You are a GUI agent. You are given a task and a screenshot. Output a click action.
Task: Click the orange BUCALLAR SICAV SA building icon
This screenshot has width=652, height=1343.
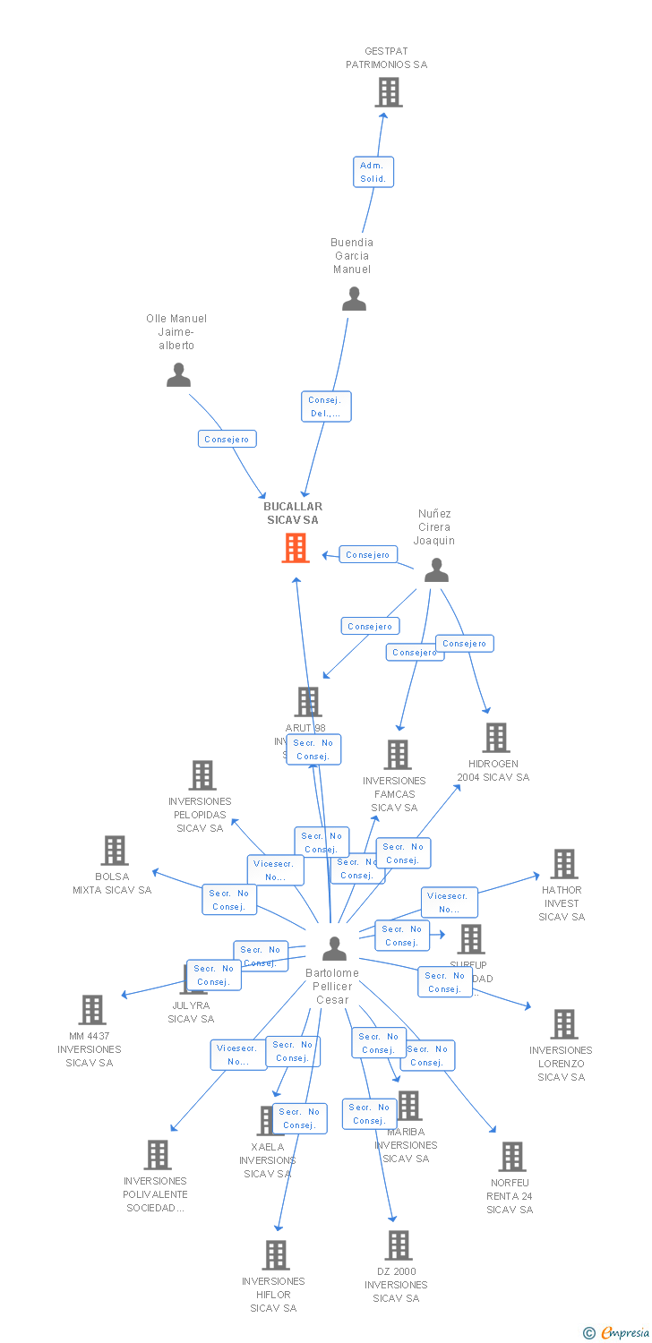pos(296,548)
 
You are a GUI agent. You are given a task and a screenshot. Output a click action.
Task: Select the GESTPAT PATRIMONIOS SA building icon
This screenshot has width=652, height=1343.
pos(388,92)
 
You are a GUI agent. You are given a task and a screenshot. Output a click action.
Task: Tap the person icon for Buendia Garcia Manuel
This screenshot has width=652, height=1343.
pos(354,299)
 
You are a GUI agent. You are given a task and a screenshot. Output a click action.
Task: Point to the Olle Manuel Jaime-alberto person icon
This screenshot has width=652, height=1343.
pos(178,375)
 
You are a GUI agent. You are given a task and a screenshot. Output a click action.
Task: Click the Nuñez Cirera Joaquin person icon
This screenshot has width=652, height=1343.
pos(436,570)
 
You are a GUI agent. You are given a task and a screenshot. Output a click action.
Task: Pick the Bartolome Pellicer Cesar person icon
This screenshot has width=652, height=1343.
pos(334,948)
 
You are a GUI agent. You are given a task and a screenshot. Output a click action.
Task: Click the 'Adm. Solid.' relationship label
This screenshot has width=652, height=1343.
pos(373,172)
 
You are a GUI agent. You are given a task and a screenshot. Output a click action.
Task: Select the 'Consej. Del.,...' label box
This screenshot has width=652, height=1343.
pos(326,406)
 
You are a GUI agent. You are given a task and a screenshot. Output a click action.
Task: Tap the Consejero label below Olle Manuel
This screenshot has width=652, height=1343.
pos(227,439)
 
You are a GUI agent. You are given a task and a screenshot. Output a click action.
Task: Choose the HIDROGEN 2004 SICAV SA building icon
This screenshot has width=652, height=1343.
pos(495,738)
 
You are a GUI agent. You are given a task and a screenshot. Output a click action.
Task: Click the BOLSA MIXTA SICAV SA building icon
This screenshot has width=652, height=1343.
pos(115,851)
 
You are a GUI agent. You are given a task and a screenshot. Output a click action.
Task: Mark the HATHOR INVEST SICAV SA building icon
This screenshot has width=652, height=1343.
pos(563,864)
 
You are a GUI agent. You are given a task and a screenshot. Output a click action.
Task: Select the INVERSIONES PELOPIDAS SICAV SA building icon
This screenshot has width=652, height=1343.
pos(202,775)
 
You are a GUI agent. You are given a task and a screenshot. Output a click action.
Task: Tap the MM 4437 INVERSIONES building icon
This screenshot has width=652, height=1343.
pos(91,1010)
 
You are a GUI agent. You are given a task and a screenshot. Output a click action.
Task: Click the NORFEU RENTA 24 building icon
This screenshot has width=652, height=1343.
pos(511,1157)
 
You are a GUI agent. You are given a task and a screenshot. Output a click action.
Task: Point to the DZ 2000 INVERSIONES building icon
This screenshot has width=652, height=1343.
pos(398,1245)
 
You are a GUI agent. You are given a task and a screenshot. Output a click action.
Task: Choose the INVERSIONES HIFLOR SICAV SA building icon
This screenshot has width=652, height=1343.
pos(276,1255)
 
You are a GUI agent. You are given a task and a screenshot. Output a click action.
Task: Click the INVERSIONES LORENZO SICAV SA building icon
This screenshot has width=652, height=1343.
pos(563,1024)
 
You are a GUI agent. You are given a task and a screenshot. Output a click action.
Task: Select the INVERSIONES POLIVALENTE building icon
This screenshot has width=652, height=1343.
pos(158,1155)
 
